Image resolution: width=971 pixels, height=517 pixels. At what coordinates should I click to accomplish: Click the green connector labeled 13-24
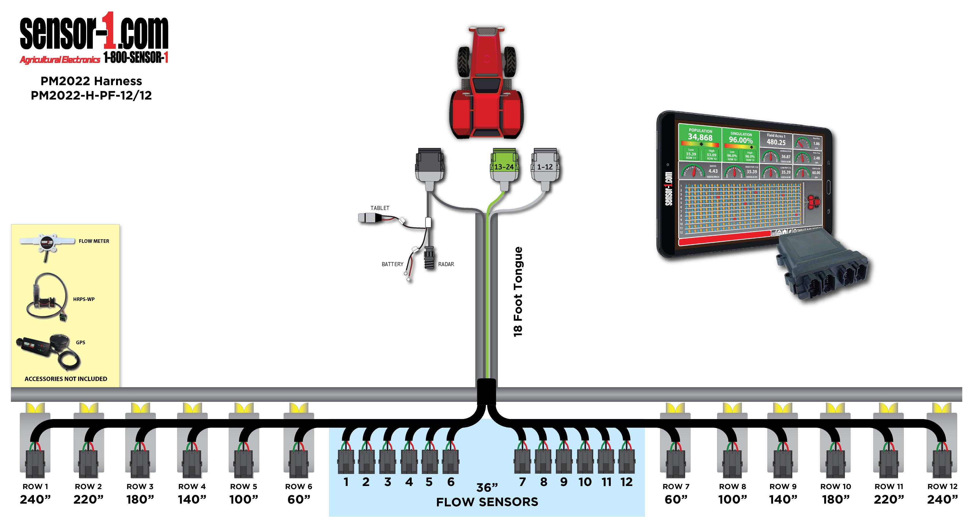[x=504, y=167]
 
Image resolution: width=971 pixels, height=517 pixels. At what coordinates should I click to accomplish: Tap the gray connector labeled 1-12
[x=545, y=167]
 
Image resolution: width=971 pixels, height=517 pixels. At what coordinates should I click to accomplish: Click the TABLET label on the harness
[x=379, y=208]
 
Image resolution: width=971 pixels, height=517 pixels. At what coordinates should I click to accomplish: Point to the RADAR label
[x=446, y=264]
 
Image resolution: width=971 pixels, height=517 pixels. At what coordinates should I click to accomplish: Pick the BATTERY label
[x=392, y=264]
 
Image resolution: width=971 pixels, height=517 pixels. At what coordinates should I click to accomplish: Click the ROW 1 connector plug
[x=35, y=464]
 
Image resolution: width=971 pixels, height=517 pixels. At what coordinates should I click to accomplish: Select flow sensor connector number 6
[x=450, y=462]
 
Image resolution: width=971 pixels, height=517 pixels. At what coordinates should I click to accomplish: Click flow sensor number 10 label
[x=585, y=482]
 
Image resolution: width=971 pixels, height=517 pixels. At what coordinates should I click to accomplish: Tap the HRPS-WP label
[x=84, y=299]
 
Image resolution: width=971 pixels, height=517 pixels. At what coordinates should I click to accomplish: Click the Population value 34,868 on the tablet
[x=700, y=138]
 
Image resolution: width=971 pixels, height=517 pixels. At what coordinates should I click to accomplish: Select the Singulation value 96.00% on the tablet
[x=741, y=140]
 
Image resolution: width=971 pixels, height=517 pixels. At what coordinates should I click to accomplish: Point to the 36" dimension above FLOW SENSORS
[x=487, y=488]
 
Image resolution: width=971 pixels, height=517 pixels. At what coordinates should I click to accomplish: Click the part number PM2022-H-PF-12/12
[x=91, y=95]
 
